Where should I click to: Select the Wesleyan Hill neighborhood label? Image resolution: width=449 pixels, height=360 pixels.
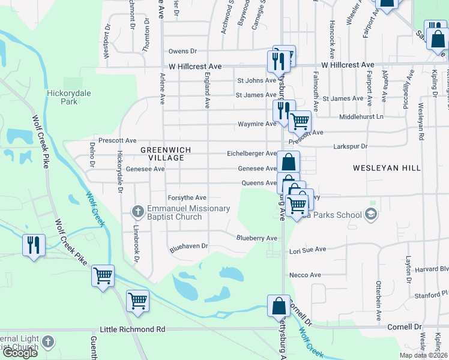[x=387, y=169]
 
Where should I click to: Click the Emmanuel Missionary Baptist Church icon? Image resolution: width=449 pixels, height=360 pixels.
[x=137, y=212]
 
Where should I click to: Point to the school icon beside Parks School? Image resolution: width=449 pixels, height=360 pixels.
[x=371, y=214]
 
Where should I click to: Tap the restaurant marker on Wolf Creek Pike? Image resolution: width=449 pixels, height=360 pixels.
[x=33, y=245]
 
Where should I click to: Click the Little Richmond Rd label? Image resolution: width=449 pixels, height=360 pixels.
[x=132, y=329]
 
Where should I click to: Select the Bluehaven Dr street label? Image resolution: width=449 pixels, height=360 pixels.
[x=188, y=246]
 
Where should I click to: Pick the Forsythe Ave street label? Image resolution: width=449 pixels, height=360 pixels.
[x=187, y=197]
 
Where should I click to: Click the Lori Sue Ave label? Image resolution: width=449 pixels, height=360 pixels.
[x=307, y=249]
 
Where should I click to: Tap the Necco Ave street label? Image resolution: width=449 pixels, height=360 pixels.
[x=305, y=275]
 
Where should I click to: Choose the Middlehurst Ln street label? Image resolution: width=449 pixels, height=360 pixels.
[x=361, y=117]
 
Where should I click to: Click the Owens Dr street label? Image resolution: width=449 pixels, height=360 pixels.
[x=182, y=52]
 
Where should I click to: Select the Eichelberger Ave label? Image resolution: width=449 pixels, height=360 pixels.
[x=252, y=154]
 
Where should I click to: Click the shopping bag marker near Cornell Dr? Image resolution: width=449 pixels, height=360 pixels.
[x=279, y=306]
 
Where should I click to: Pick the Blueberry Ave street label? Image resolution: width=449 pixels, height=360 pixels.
[x=256, y=238]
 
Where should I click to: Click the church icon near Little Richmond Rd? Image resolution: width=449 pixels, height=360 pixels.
[x=47, y=343]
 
